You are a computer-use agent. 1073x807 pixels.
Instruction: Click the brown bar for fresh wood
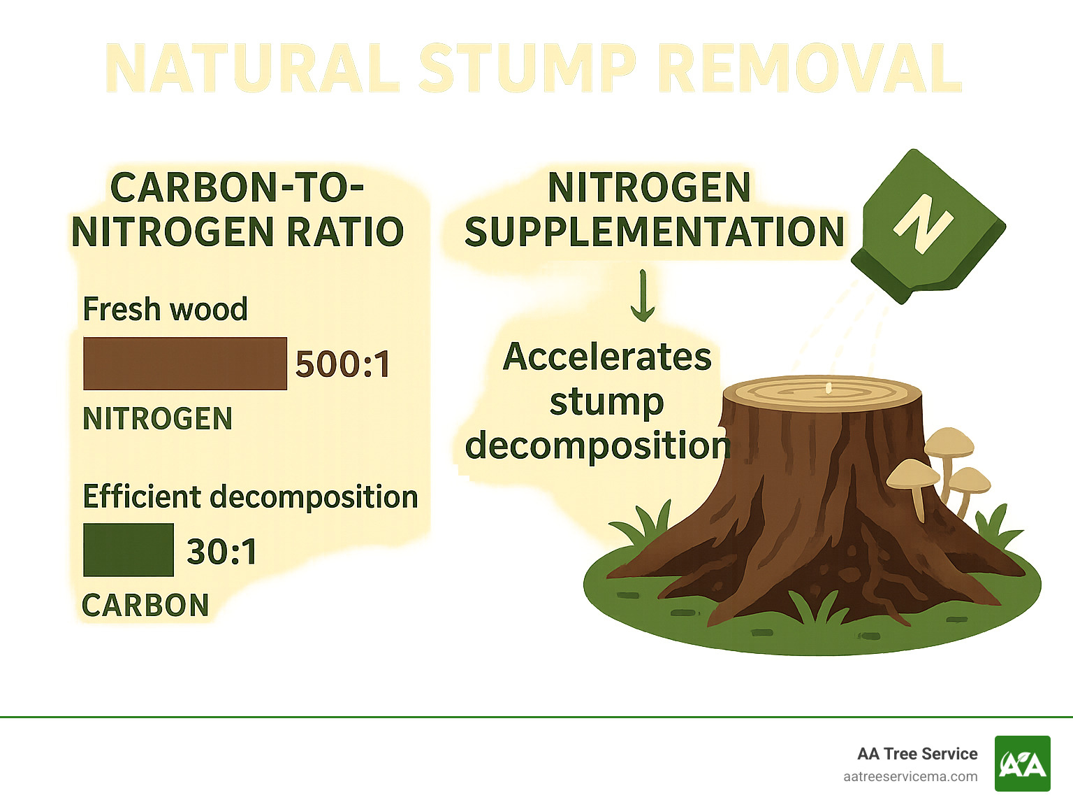185,364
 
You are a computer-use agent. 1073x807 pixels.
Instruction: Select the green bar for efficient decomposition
129,550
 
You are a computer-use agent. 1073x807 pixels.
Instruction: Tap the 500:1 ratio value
342,364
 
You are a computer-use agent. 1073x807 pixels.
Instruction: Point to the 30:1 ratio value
222,552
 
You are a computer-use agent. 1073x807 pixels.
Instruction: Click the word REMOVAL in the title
810,69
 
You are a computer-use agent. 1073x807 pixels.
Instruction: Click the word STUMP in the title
527,69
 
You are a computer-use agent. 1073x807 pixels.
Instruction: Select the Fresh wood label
165,309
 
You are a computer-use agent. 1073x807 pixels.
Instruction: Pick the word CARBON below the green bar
145,606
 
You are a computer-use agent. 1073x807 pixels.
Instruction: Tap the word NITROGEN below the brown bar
157,419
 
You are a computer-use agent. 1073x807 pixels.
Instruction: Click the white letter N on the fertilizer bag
922,224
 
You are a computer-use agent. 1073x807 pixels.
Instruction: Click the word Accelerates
607,357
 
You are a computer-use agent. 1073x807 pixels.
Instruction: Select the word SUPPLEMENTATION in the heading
655,232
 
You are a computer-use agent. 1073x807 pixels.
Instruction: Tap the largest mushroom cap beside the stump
913,475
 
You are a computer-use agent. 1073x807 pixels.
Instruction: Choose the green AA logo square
1022,764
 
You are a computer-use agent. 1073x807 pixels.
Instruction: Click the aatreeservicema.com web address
910,776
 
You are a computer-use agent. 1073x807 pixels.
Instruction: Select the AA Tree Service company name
917,754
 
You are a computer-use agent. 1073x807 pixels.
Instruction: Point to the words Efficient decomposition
250,497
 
